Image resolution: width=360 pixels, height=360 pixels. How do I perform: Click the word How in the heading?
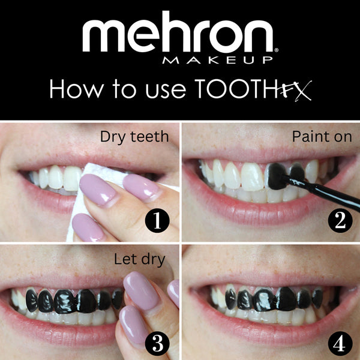point(76,89)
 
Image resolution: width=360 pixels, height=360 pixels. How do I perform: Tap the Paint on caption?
point(322,137)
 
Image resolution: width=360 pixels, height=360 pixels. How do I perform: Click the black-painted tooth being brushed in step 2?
point(277,176)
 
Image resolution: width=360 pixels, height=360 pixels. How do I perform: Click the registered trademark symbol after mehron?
point(277,47)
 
